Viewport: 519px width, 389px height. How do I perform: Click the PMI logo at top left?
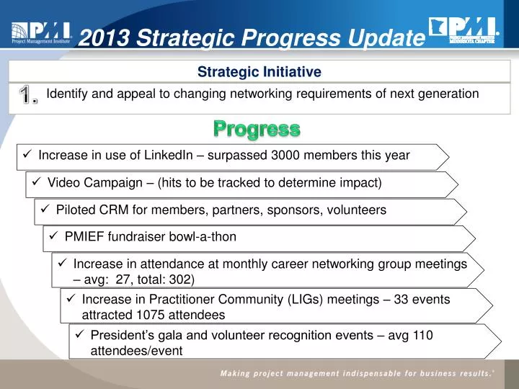point(40,32)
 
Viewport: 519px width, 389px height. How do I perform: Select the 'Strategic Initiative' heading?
point(259,71)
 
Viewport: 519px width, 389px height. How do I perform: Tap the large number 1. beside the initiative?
point(29,96)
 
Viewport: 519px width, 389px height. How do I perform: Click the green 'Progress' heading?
point(257,130)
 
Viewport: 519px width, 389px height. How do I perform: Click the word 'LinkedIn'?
point(167,155)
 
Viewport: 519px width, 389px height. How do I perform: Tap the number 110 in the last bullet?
point(424,335)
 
